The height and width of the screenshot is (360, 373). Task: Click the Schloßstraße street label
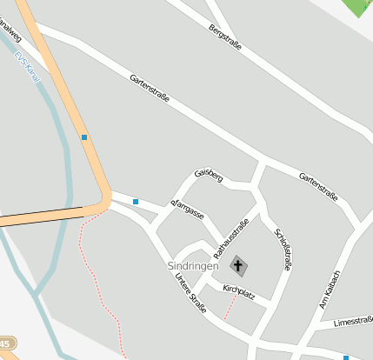tap(282, 250)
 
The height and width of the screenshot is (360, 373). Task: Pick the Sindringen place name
tap(193, 266)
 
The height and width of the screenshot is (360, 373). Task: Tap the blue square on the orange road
tap(84, 137)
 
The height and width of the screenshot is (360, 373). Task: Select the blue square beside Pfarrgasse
tap(136, 202)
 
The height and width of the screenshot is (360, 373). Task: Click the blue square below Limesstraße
tap(346, 357)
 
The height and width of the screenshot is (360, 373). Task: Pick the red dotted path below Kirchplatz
tap(231, 306)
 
